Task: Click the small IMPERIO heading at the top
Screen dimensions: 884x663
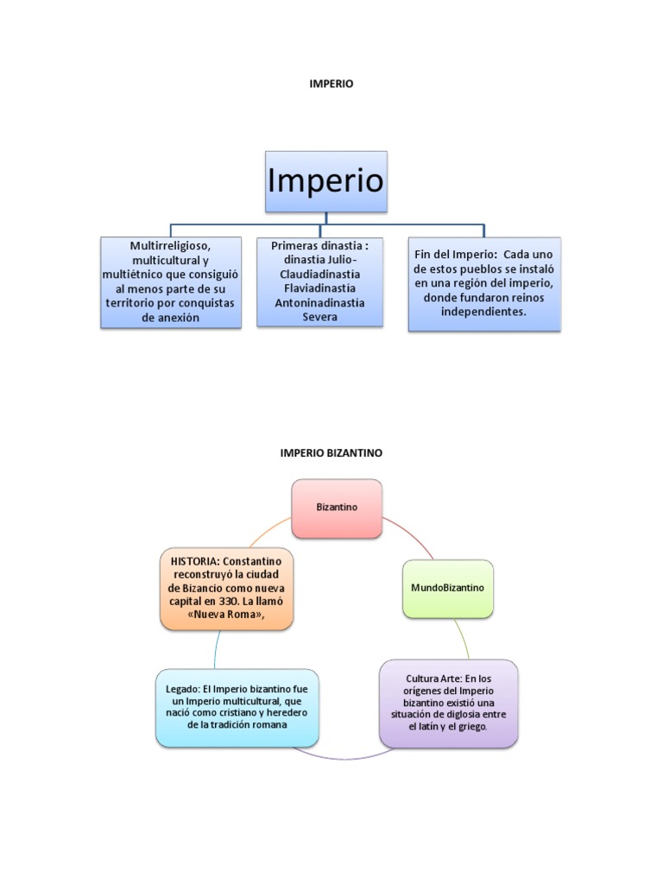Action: point(331,84)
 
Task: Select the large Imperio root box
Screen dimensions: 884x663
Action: point(325,181)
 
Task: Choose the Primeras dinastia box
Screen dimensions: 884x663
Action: point(319,282)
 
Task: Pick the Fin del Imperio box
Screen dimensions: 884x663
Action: point(483,284)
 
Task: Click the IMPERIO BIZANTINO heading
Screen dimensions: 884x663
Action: point(331,452)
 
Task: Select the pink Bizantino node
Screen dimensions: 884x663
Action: point(337,508)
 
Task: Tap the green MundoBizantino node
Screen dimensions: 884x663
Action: point(448,588)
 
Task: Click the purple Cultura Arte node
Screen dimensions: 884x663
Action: point(448,703)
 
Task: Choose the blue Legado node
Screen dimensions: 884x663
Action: point(237,707)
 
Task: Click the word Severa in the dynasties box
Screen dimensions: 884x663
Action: point(319,317)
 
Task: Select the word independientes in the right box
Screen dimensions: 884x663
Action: point(485,312)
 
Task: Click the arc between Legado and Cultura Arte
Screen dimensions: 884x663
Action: point(345,757)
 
